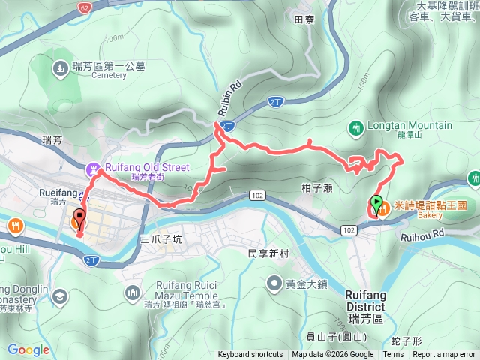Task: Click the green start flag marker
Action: (376, 203)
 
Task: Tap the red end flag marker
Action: (79, 220)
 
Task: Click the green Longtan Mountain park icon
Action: (357, 127)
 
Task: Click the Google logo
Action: (28, 349)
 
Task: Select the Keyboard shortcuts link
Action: (250, 355)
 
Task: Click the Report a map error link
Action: (445, 355)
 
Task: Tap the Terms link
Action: (393, 355)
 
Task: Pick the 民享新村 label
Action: (268, 253)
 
